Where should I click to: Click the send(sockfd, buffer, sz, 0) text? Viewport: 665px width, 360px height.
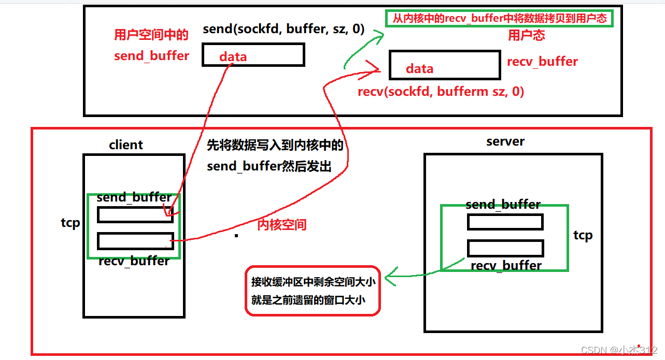(284, 30)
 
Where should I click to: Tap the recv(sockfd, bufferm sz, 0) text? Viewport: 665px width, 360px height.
(441, 92)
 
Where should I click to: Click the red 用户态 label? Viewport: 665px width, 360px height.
(526, 35)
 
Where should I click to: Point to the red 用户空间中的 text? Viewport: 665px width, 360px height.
(151, 35)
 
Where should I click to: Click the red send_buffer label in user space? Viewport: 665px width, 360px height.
(151, 55)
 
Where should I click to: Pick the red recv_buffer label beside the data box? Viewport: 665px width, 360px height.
(542, 62)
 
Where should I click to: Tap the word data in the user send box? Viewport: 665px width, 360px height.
(233, 56)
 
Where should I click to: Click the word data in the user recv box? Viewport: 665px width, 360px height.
(419, 68)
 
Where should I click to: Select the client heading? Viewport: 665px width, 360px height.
(126, 145)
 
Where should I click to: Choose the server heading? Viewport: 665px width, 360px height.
(505, 142)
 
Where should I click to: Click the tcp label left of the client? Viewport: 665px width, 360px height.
(70, 223)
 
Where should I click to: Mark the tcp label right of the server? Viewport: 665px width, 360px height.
(583, 235)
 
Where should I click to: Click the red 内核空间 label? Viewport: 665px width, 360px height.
(282, 225)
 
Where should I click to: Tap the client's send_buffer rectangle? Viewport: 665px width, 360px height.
(135, 214)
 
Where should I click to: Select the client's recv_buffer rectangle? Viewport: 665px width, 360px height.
(135, 241)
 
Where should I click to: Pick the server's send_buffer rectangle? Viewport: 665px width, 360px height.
(505, 222)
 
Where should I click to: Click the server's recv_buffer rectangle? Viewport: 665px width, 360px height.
(505, 248)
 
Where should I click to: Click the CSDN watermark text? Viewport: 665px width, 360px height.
(619, 350)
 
